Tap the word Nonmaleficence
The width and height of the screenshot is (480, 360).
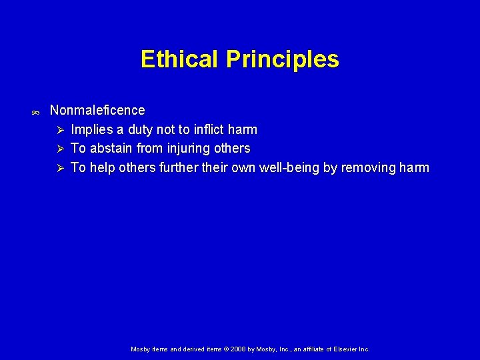(x=97, y=110)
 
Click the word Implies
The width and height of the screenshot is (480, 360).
(x=92, y=129)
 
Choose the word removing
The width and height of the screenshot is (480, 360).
(x=366, y=168)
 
